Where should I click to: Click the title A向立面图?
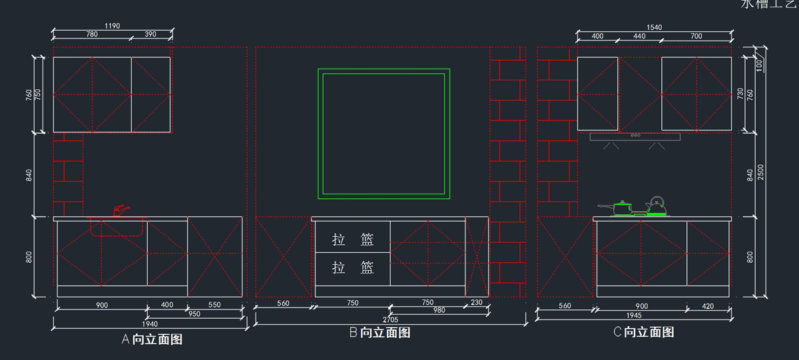coord(152,339)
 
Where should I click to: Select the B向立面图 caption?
coord(380,333)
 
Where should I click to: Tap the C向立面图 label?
coord(643,332)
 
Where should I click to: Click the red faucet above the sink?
coord(121,210)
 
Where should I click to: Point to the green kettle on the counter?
coord(656,207)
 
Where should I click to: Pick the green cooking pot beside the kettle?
coord(623,208)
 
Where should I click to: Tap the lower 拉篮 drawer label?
coord(353,268)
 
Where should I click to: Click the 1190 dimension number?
coord(112,27)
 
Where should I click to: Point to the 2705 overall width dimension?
coord(390,320)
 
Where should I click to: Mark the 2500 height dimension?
coord(761,172)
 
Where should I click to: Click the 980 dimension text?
coord(439,311)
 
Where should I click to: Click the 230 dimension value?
coord(477,303)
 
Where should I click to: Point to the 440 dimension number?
coord(639,36)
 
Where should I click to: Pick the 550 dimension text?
coord(214,305)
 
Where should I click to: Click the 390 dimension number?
coord(150,35)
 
